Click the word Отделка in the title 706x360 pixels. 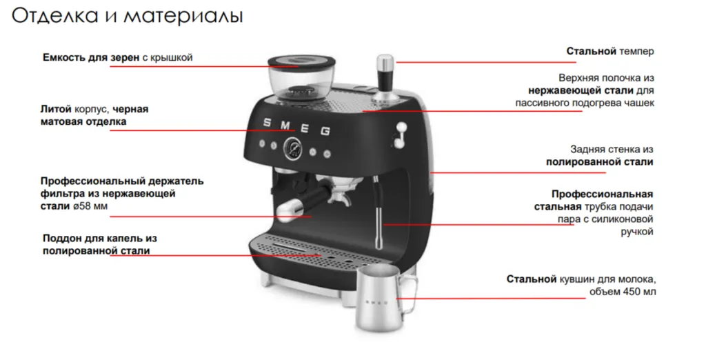pos(54,17)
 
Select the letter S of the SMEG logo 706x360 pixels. pos(267,123)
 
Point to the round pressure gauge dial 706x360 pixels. pos(292,148)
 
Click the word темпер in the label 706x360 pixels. pos(636,51)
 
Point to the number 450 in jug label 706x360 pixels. pos(632,292)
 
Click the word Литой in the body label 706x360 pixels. pos(57,109)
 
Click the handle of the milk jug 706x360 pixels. pos(409,295)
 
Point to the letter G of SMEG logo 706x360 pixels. pos(325,131)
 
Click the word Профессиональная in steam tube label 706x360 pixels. pos(602,194)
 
